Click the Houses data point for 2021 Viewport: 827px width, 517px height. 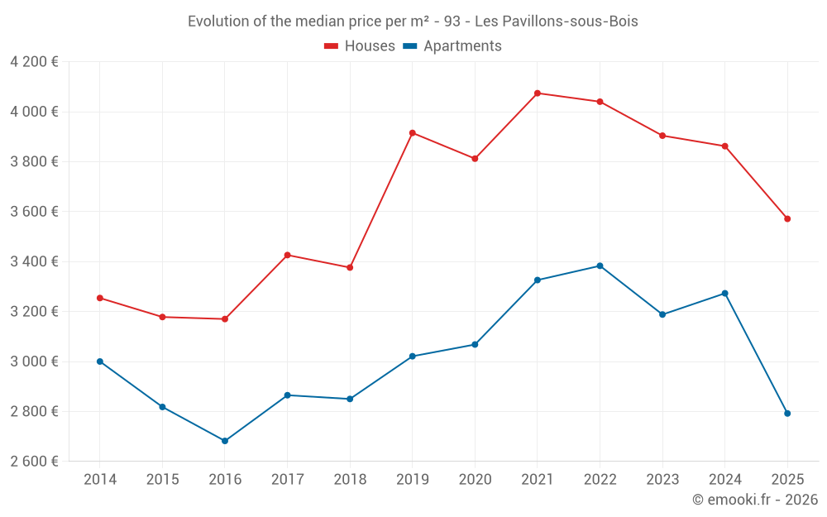pyautogui.click(x=538, y=93)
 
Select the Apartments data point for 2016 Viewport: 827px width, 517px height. pyautogui.click(x=225, y=441)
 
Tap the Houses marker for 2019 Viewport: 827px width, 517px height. pyautogui.click(x=412, y=133)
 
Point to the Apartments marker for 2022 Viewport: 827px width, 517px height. pyautogui.click(x=600, y=266)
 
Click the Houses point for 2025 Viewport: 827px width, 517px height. pyautogui.click(x=787, y=219)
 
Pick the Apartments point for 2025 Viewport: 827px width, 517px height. pyautogui.click(x=787, y=414)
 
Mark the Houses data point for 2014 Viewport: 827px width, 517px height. pyautogui.click(x=100, y=298)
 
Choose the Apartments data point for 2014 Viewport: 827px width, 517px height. pyautogui.click(x=100, y=361)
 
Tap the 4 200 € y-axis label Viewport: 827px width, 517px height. pyautogui.click(x=34, y=62)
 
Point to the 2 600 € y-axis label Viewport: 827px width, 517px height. pyautogui.click(x=34, y=462)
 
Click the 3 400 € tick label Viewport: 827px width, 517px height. pyautogui.click(x=34, y=262)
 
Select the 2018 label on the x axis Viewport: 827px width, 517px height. pyautogui.click(x=350, y=480)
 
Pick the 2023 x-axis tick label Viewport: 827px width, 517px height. pyautogui.click(x=662, y=480)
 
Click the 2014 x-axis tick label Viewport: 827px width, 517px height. pyautogui.click(x=100, y=480)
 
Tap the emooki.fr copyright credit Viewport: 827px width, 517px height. pyautogui.click(x=755, y=500)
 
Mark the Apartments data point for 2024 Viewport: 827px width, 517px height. pyautogui.click(x=724, y=294)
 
